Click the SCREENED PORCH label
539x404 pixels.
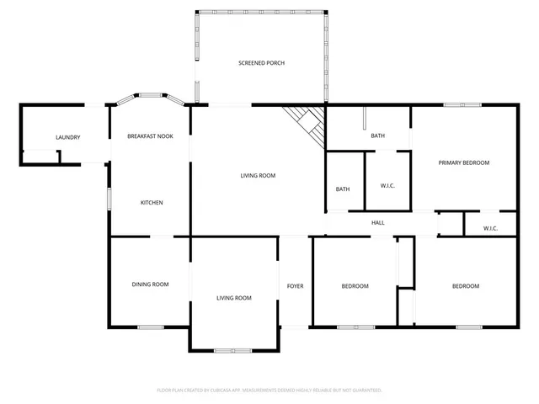260,63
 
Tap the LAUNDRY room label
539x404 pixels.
67,137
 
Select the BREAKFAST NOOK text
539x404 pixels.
150,136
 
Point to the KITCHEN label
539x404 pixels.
152,203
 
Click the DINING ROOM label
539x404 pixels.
150,284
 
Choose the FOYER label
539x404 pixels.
295,286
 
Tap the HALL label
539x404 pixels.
378,222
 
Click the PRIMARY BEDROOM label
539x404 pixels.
463,162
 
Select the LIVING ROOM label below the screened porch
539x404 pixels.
258,175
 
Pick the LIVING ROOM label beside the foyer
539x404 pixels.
233,298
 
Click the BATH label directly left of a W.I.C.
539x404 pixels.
343,189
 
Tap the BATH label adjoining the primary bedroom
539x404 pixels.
378,136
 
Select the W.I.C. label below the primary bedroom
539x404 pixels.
490,228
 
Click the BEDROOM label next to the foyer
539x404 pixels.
355,286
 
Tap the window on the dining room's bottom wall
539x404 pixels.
151,327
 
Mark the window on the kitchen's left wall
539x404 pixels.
108,199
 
